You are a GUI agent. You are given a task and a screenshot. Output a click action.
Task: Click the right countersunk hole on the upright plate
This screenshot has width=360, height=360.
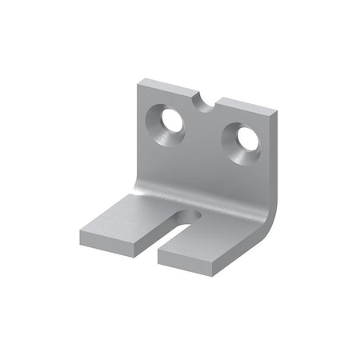click(242, 141)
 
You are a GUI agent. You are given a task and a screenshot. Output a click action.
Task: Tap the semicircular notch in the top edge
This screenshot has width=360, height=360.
click(206, 102)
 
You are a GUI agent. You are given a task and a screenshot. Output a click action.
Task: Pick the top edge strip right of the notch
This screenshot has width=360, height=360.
click(248, 104)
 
